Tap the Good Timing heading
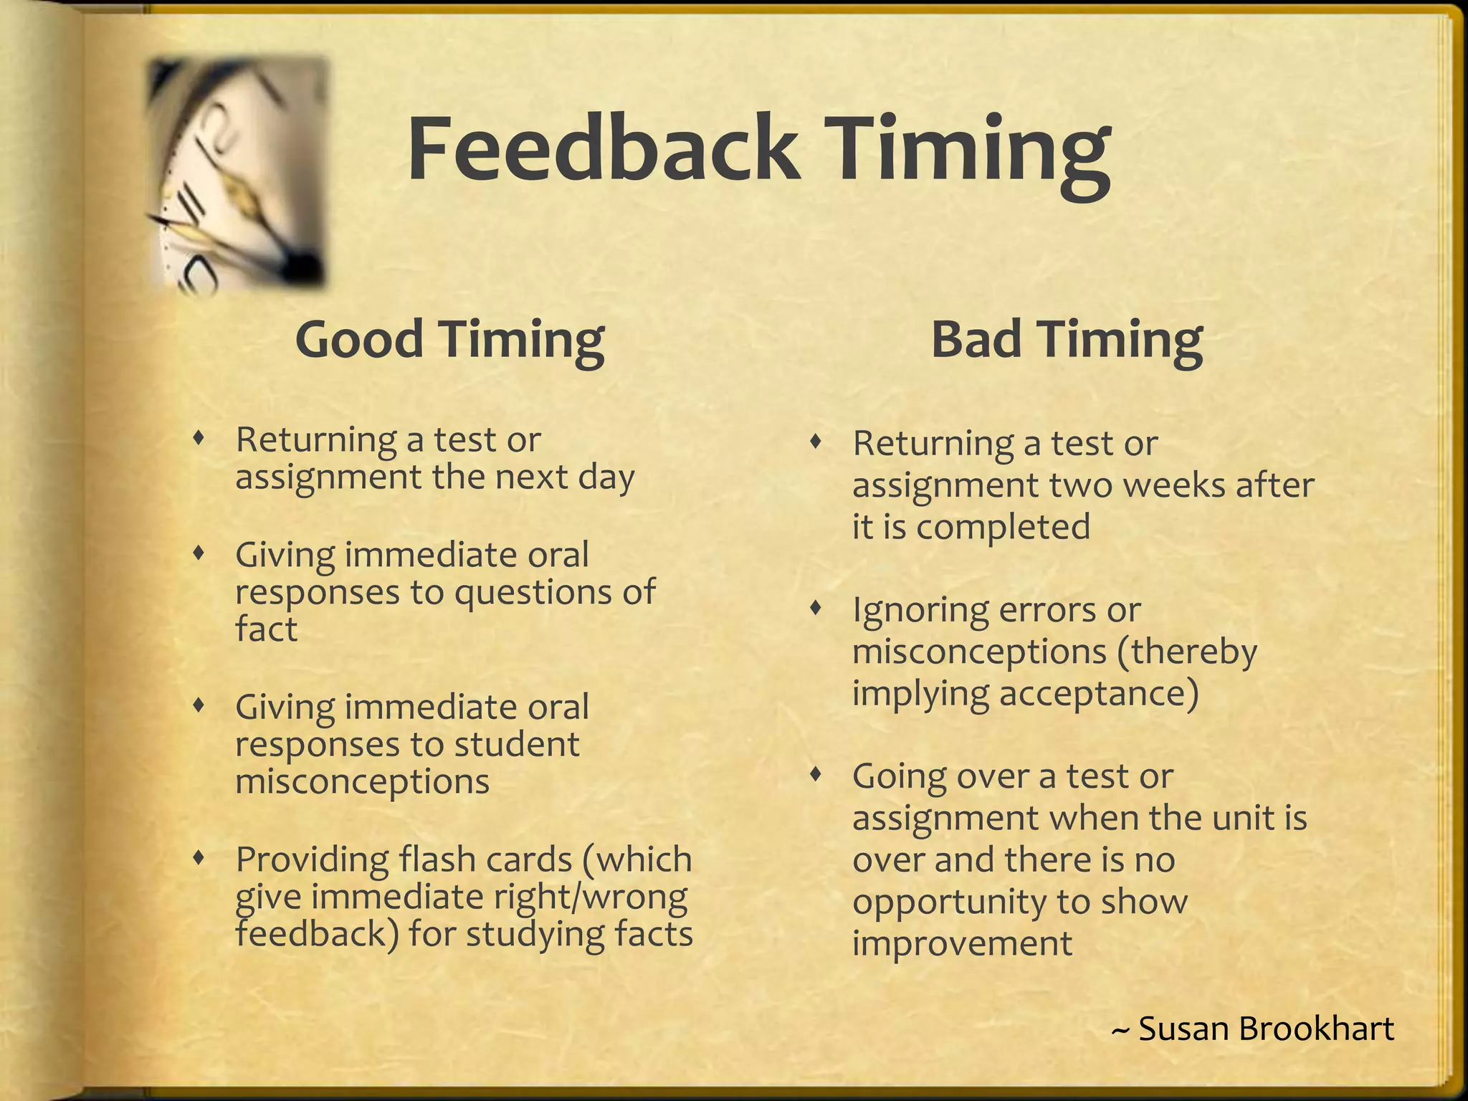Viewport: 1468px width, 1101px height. point(449,339)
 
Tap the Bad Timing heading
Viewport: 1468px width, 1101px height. point(1067,339)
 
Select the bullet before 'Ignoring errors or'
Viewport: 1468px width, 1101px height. point(814,609)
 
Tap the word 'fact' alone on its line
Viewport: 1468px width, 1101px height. point(266,629)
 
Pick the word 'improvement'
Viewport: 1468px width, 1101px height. point(962,943)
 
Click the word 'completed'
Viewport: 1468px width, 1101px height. point(1003,527)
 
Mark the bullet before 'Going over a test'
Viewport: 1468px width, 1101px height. point(814,775)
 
